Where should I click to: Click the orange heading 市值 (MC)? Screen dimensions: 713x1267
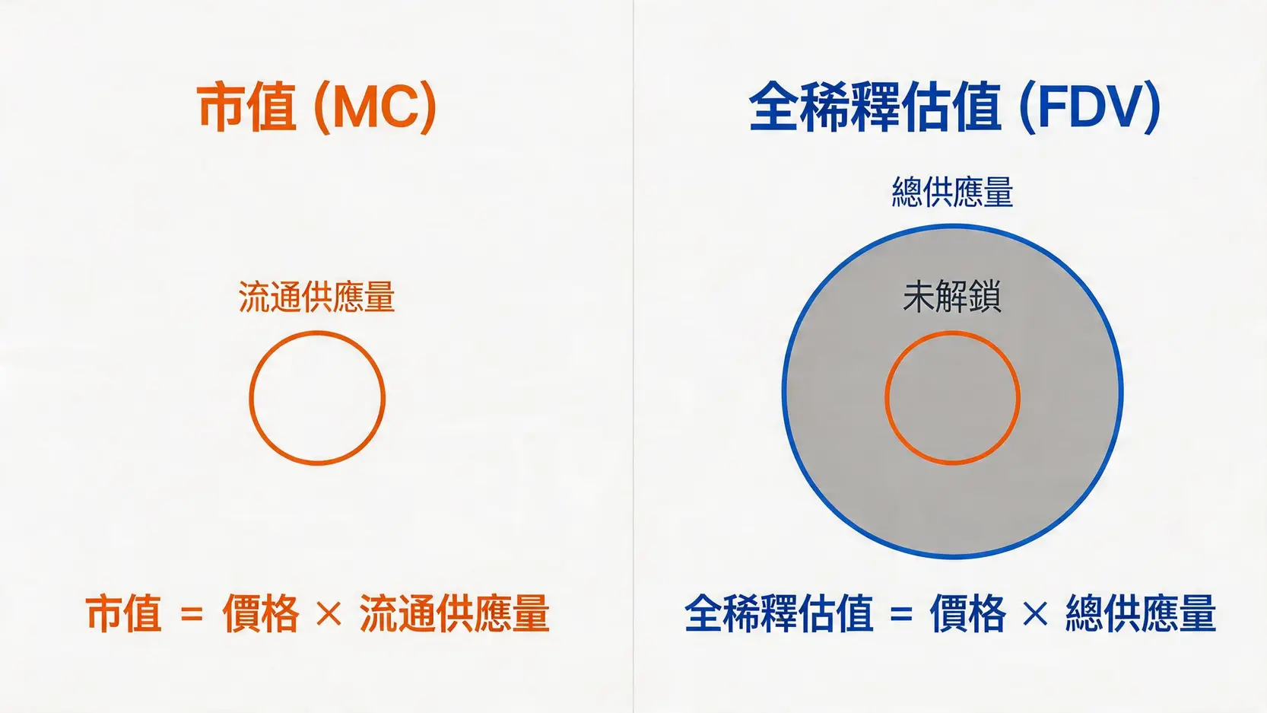point(316,107)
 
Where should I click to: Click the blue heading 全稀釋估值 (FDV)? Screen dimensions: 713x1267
point(954,107)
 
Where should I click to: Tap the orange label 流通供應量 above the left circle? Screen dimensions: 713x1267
point(316,297)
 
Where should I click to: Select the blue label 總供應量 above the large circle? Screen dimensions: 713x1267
point(952,192)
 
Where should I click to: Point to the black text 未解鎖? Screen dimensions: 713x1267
point(951,297)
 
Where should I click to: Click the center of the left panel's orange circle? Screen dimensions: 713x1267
point(317,398)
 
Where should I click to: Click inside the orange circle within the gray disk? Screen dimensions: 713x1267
point(952,398)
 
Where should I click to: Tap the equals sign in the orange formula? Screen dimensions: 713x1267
point(192,613)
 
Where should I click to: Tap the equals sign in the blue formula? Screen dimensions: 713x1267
point(901,613)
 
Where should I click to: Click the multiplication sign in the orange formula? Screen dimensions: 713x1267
point(329,613)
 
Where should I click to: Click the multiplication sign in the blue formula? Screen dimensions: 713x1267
point(1035,613)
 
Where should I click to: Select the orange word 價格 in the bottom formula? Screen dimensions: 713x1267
point(260,613)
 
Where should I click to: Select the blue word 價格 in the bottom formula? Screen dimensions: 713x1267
point(967,613)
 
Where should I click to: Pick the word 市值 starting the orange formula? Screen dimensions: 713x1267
point(123,613)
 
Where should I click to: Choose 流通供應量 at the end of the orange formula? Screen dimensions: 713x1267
point(454,613)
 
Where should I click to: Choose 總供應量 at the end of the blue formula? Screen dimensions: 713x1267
point(1140,613)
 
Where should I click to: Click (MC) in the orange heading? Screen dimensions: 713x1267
point(375,107)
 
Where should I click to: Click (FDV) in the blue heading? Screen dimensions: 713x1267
point(1090,107)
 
